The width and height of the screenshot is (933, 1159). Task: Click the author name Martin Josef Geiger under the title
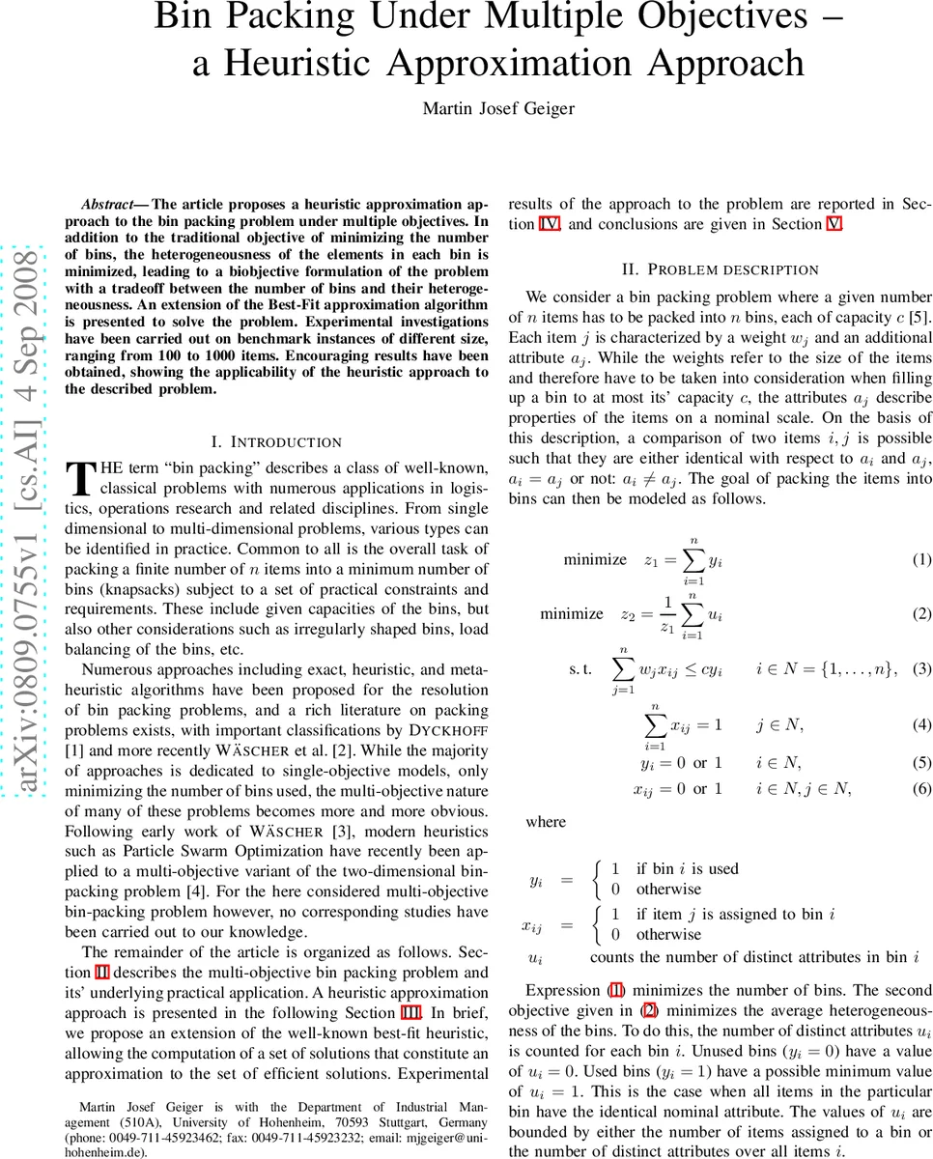[498, 108]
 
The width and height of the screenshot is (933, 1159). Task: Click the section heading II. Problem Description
[721, 269]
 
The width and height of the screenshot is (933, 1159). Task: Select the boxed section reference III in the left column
[410, 1012]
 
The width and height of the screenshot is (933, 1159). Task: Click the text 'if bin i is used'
[687, 868]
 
